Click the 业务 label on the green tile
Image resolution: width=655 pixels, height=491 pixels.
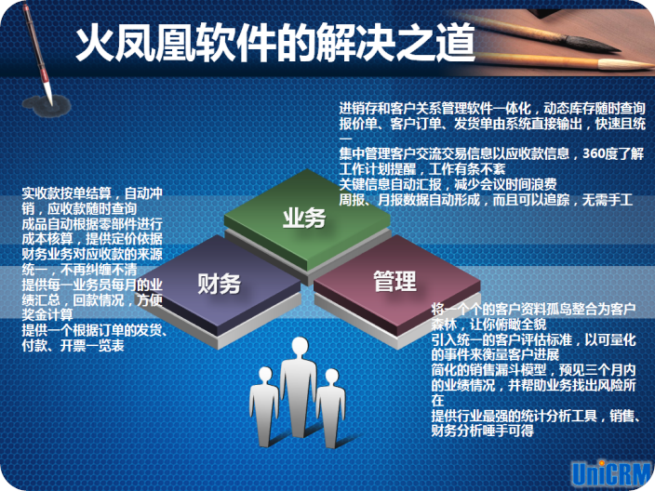(x=303, y=219)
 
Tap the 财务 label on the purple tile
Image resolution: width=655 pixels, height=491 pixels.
(x=219, y=284)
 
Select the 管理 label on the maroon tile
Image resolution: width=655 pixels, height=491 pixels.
(x=394, y=281)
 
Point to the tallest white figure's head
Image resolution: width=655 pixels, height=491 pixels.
(x=300, y=347)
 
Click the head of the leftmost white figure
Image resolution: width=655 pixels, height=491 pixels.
(x=266, y=374)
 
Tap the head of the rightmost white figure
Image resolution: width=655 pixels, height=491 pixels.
(x=332, y=377)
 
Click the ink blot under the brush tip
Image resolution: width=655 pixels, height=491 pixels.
(x=47, y=105)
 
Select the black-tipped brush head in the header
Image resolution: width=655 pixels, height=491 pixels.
(x=593, y=43)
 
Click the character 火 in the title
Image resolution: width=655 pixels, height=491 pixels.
(x=95, y=42)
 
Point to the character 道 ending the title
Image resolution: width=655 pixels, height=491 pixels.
(x=455, y=42)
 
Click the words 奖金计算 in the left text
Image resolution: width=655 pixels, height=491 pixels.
(x=47, y=314)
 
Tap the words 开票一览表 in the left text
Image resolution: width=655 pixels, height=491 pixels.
(x=92, y=345)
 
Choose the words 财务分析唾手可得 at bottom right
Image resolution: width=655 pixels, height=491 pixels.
(x=483, y=431)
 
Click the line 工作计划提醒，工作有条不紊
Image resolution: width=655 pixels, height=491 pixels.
(x=421, y=168)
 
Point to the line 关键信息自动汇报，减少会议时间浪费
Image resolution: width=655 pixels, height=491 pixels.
(x=448, y=184)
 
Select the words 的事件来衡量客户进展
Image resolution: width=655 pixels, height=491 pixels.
(x=495, y=355)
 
